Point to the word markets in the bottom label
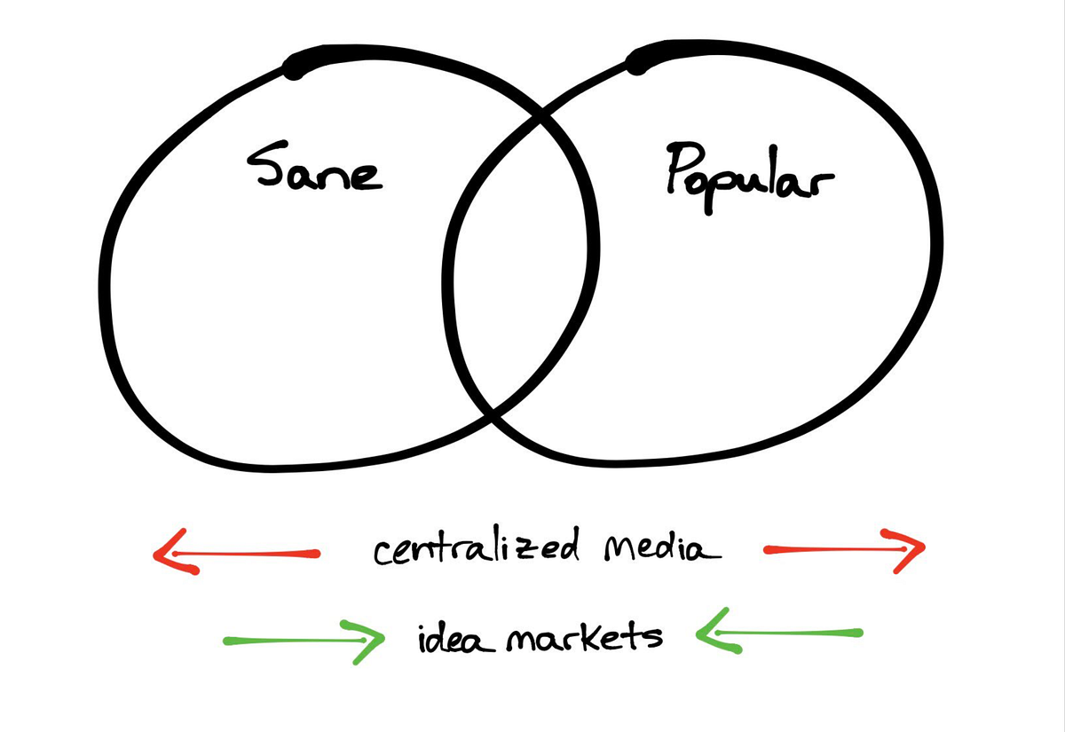click(584, 636)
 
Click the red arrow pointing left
click(236, 554)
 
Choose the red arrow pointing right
click(843, 549)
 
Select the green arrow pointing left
click(777, 634)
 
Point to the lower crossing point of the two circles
click(493, 413)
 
